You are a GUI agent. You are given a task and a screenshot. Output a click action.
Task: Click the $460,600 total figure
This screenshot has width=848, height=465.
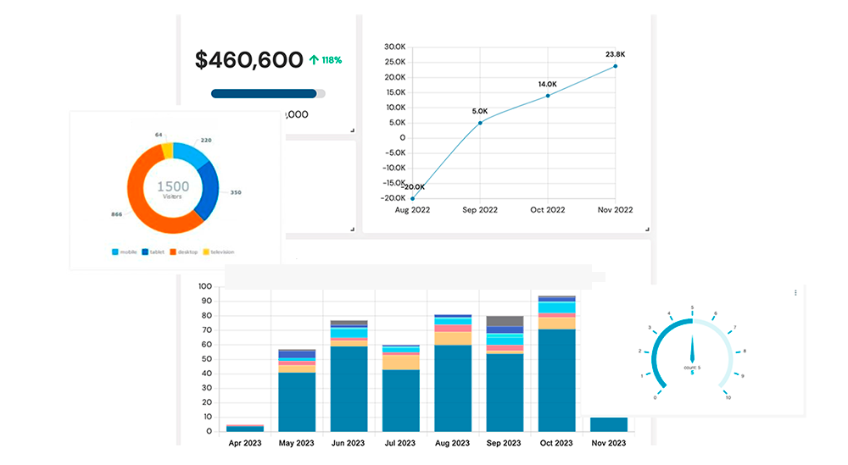click(248, 60)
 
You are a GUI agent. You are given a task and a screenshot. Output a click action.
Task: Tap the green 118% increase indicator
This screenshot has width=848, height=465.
click(326, 60)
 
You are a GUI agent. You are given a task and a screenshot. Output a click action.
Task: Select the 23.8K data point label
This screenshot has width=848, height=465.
click(615, 54)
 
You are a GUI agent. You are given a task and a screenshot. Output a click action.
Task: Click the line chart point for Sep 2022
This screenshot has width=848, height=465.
click(480, 123)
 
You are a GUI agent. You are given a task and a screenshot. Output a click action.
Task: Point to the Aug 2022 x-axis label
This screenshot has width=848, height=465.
click(412, 210)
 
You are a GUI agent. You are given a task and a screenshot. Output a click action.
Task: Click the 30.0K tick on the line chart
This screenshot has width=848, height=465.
click(394, 47)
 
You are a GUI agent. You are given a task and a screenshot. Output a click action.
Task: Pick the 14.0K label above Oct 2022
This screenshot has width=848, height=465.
click(547, 84)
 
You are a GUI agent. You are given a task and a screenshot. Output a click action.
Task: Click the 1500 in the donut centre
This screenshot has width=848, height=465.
click(173, 185)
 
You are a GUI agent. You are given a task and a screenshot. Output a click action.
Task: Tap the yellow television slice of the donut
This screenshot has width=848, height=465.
click(167, 151)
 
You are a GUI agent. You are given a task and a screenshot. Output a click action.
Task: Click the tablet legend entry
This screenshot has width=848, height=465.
click(153, 252)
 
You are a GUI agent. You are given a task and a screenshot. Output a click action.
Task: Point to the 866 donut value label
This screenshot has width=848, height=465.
click(116, 215)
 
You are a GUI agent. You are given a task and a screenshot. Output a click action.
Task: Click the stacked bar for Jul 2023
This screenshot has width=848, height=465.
click(400, 390)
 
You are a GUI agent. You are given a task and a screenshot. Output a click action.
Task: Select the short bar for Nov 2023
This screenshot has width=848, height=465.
click(608, 423)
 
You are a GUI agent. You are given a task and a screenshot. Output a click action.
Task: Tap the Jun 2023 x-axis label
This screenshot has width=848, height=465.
click(349, 443)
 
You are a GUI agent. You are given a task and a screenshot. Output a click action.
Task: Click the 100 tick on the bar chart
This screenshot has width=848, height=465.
click(204, 286)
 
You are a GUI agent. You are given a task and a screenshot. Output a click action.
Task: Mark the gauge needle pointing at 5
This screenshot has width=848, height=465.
click(693, 348)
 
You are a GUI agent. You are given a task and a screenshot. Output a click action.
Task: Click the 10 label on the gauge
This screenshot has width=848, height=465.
click(728, 397)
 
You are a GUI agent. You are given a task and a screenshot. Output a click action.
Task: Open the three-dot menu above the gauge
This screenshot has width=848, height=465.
click(795, 293)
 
